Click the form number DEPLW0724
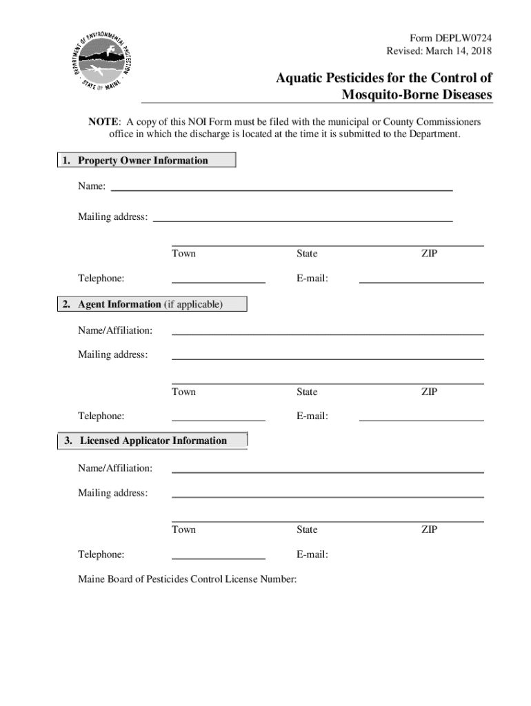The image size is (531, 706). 461,39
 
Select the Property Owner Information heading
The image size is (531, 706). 143,161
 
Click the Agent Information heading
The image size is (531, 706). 150,304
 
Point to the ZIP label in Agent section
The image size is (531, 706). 429,392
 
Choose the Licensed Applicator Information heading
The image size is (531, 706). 153,441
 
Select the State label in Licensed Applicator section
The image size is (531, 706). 307,529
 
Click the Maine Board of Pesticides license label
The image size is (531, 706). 188,579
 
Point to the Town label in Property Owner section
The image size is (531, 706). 183,254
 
